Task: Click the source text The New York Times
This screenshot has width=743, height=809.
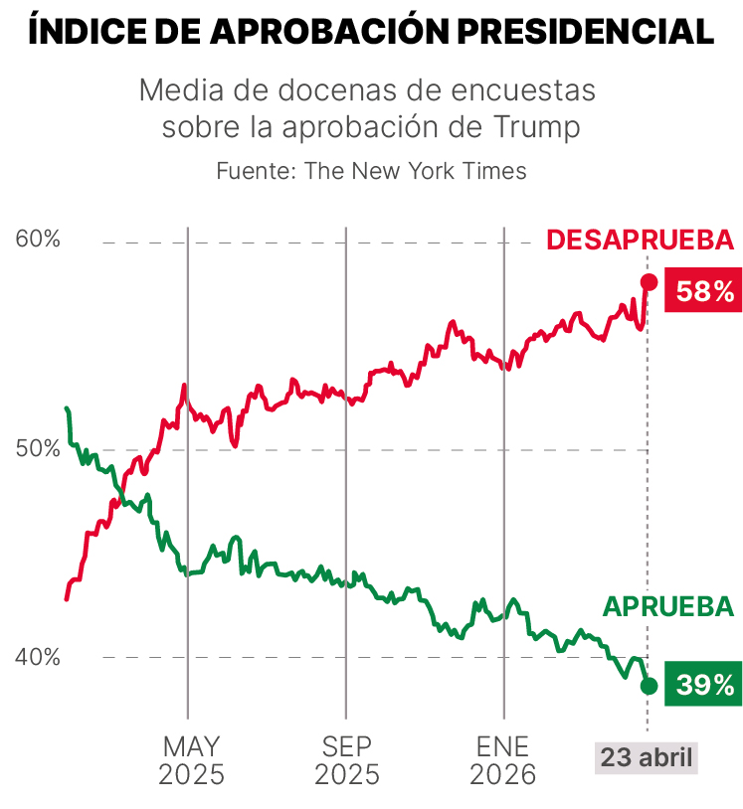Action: tap(415, 171)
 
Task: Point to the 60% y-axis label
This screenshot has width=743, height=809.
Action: tap(39, 240)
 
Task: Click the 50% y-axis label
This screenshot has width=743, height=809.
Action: tap(39, 449)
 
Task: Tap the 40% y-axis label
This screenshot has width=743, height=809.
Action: tap(39, 657)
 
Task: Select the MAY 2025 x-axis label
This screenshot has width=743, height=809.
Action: tap(191, 760)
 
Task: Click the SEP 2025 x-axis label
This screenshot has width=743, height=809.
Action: tap(346, 760)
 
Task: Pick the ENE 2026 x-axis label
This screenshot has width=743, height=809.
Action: tap(503, 760)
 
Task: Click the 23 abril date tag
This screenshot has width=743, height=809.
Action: tap(647, 757)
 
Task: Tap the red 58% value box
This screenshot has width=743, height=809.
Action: tap(704, 291)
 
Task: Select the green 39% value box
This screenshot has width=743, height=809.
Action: tap(704, 685)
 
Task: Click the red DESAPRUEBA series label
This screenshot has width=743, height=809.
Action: tap(640, 241)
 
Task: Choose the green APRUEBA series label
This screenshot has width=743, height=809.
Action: tap(667, 607)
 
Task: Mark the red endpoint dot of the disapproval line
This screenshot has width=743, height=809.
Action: tap(649, 282)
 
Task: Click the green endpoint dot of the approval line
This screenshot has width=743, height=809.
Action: tap(649, 685)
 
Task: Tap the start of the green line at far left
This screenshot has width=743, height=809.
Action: tap(67, 408)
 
